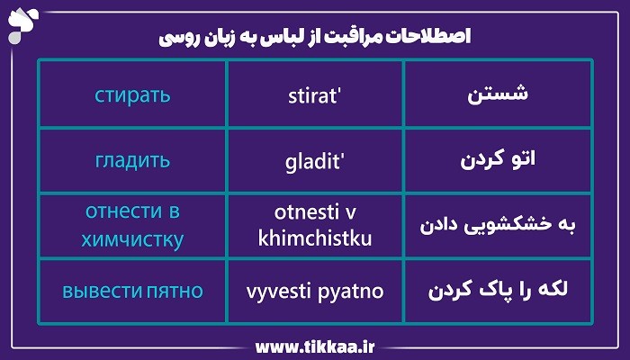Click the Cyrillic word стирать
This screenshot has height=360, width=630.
point(132,94)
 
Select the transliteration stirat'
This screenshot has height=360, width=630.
point(314,94)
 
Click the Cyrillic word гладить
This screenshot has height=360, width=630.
point(132,161)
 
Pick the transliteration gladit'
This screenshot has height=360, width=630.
point(314,161)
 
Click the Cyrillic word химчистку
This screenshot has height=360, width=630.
point(132,239)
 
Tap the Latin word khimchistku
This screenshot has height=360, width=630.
point(314,239)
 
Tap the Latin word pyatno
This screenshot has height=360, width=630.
point(350,292)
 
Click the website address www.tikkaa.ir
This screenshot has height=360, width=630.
point(314,346)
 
